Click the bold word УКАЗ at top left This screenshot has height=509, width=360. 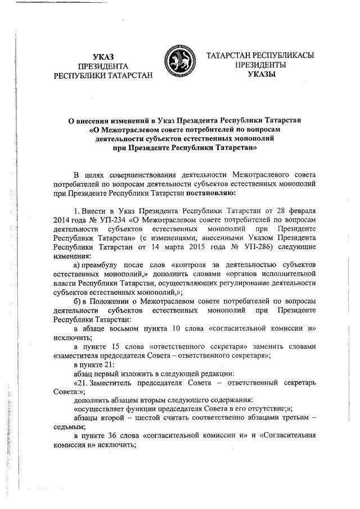click(x=103, y=56)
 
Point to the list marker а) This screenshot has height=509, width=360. click(x=77, y=264)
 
